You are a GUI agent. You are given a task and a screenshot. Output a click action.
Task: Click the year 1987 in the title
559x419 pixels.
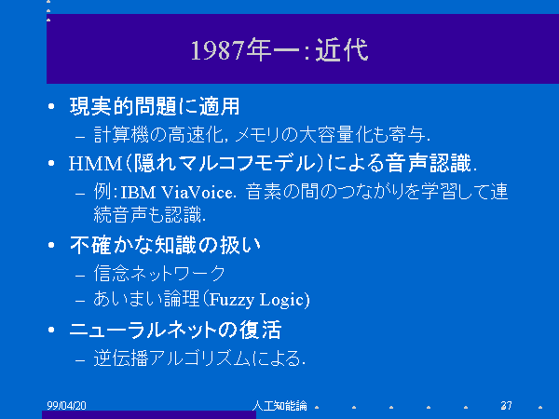point(218,50)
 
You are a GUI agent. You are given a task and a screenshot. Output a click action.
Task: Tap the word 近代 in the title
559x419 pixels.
point(342,50)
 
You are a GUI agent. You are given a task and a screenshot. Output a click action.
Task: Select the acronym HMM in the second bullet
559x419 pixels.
point(96,164)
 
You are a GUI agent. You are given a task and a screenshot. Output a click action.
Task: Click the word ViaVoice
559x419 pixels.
point(198,193)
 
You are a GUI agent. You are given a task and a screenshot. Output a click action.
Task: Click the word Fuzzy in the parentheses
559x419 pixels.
point(232,300)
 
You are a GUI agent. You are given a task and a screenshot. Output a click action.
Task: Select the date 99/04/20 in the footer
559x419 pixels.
point(66,405)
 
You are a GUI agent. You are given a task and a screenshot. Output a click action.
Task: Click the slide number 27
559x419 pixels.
point(506,405)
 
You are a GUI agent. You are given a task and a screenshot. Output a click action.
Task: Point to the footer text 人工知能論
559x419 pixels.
point(279,405)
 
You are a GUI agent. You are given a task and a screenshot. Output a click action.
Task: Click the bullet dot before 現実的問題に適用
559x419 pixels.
point(51,106)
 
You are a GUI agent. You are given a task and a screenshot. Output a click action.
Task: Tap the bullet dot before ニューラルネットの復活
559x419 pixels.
point(51,330)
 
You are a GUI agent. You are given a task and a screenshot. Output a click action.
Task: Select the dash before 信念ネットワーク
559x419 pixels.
point(80,276)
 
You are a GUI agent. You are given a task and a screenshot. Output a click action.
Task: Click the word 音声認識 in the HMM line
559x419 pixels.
point(429,163)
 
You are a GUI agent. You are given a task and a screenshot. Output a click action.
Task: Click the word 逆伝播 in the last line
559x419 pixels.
point(121,358)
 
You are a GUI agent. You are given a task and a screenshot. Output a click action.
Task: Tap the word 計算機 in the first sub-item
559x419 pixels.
point(121,135)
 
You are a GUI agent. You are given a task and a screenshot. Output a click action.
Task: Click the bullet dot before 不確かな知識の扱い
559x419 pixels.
point(51,245)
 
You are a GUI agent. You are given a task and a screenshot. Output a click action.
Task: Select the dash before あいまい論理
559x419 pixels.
point(80,301)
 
